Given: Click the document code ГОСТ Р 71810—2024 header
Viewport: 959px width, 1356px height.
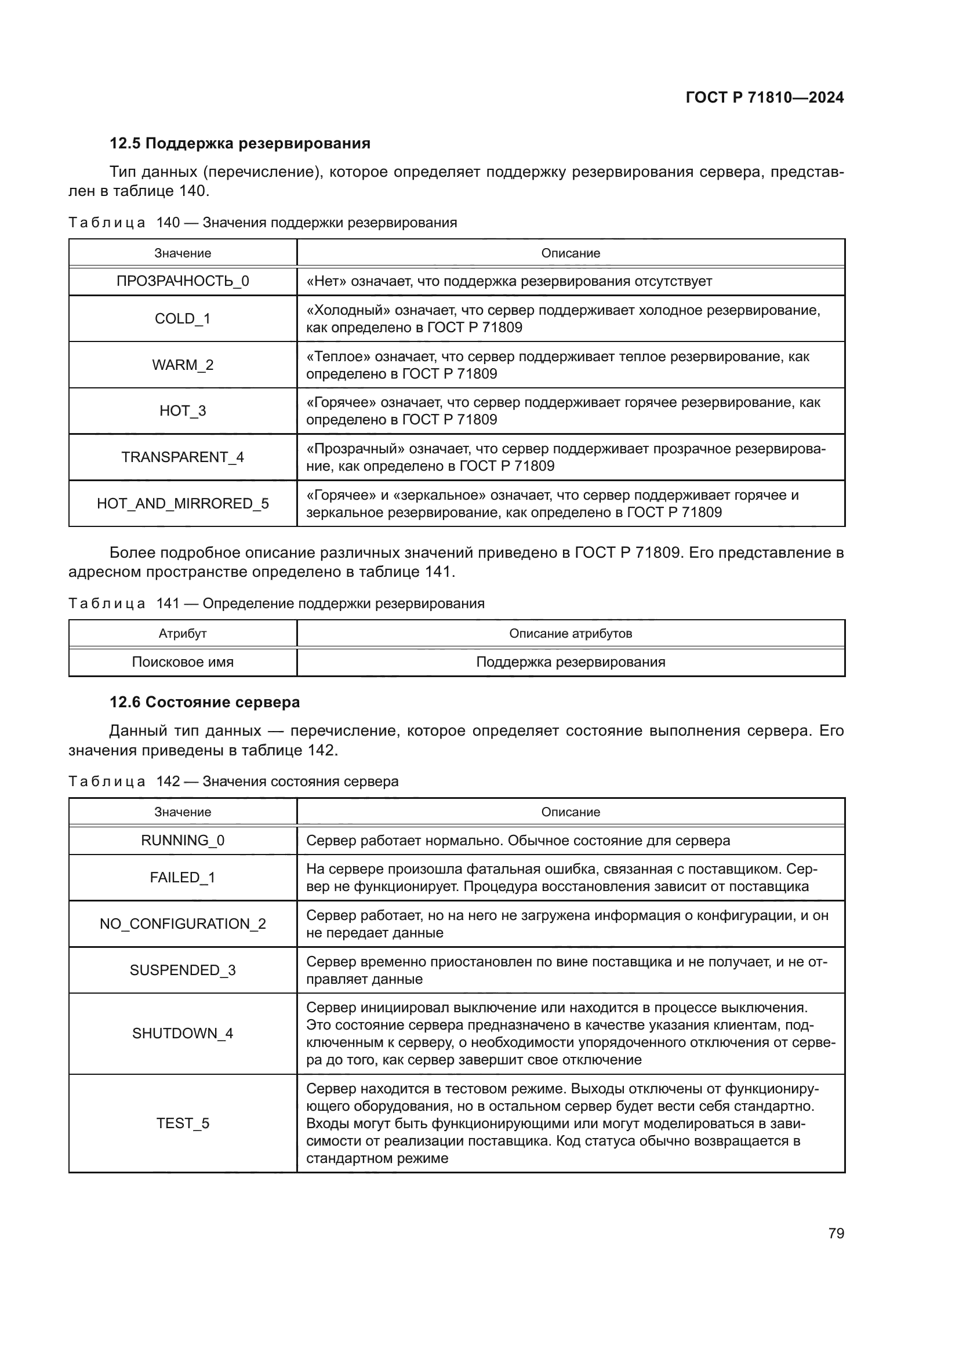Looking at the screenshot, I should pyautogui.click(x=764, y=97).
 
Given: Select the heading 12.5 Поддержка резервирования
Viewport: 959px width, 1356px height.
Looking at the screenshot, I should pyautogui.click(x=240, y=144).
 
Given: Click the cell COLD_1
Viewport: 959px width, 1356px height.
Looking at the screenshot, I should pyautogui.click(x=183, y=319).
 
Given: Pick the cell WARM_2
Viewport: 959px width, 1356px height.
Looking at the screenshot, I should pyautogui.click(x=183, y=365).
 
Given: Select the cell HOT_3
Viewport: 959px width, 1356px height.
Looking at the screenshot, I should pyautogui.click(x=183, y=411).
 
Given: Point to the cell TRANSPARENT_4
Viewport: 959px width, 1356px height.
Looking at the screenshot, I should pyautogui.click(x=183, y=457).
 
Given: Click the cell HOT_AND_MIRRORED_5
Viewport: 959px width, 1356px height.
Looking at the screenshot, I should pyautogui.click(x=183, y=503).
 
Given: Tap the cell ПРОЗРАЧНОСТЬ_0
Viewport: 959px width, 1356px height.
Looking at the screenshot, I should pyautogui.click(x=183, y=281).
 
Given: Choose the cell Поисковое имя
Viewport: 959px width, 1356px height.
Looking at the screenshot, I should pyautogui.click(x=183, y=662).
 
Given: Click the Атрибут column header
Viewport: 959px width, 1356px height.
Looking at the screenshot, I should pyautogui.click(x=183, y=634).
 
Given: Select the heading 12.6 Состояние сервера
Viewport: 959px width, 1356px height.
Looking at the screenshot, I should pyautogui.click(x=204, y=702).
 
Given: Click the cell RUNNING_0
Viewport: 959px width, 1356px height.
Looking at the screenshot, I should pyautogui.click(x=183, y=841).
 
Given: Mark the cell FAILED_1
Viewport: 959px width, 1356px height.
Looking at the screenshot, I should pyautogui.click(x=183, y=878).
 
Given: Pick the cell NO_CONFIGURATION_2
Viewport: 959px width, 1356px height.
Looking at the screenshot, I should pyautogui.click(x=183, y=924).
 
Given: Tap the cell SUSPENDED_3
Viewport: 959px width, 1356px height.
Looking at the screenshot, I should pyautogui.click(x=183, y=970).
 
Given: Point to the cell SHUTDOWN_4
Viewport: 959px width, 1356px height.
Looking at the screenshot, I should pyautogui.click(x=183, y=1033).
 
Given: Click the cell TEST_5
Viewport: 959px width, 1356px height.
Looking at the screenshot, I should pyautogui.click(x=183, y=1124).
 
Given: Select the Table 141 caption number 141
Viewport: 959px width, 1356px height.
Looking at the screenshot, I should pyautogui.click(x=168, y=604).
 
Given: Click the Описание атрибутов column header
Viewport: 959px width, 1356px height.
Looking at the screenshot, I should pyautogui.click(x=571, y=634).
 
